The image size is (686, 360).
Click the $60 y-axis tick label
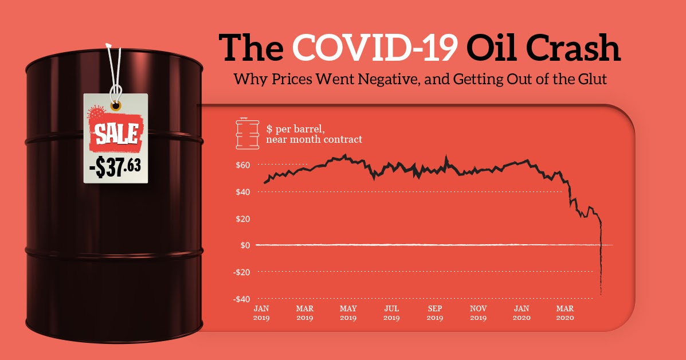243,165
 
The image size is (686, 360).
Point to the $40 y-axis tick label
243,192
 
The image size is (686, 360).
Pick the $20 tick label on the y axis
243,219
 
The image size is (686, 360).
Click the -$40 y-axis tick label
241,299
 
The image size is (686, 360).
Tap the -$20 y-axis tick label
241,272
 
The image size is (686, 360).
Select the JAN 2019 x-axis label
261,312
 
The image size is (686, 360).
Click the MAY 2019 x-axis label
348,312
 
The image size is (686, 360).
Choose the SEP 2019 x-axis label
435,312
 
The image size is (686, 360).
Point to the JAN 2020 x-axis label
522,312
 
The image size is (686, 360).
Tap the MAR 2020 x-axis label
565,312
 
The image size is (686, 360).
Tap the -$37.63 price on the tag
115,167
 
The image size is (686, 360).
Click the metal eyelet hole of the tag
116,106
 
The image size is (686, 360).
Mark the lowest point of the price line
601,295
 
